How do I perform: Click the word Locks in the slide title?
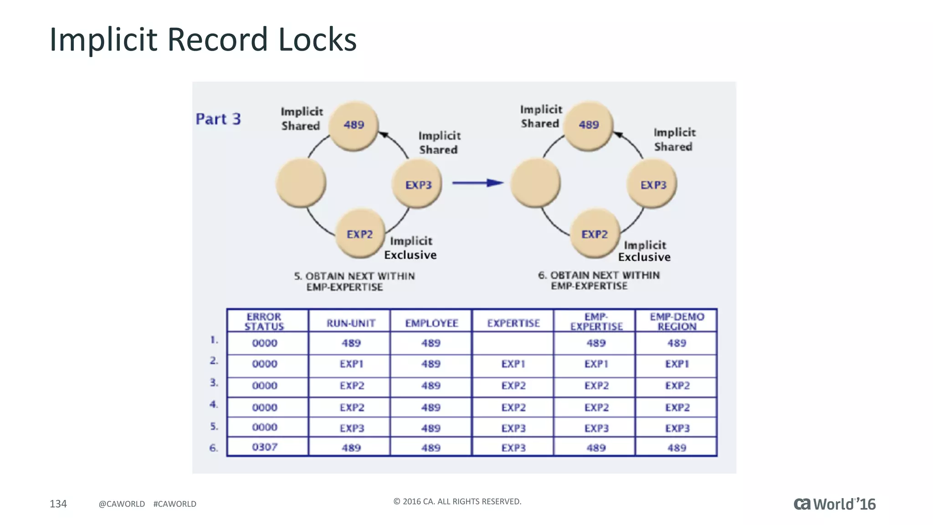pyautogui.click(x=317, y=40)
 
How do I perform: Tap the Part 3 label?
pyautogui.click(x=218, y=119)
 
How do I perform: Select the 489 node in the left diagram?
pyautogui.click(x=354, y=125)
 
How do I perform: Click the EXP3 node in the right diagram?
pyautogui.click(x=653, y=185)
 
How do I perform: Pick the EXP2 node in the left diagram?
pyautogui.click(x=360, y=234)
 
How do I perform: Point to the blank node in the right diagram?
pyautogui.click(x=535, y=183)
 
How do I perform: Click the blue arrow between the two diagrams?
pyautogui.click(x=477, y=183)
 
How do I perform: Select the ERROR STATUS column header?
pyautogui.click(x=264, y=321)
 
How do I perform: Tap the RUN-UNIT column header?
pyautogui.click(x=351, y=323)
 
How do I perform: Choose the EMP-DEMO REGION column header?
pyautogui.click(x=677, y=321)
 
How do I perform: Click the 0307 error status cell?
pyautogui.click(x=265, y=447)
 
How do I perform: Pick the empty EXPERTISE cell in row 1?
pyautogui.click(x=513, y=343)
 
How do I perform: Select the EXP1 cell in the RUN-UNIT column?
pyautogui.click(x=351, y=364)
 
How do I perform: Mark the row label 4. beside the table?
pyautogui.click(x=214, y=404)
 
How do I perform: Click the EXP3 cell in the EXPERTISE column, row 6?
pyautogui.click(x=513, y=448)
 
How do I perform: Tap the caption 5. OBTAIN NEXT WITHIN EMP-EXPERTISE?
pyautogui.click(x=354, y=281)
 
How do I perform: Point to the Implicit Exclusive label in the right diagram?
pyautogui.click(x=644, y=251)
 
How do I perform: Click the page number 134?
pyautogui.click(x=58, y=504)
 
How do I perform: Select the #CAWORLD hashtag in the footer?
pyautogui.click(x=175, y=504)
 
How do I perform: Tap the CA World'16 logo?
pyautogui.click(x=834, y=504)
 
